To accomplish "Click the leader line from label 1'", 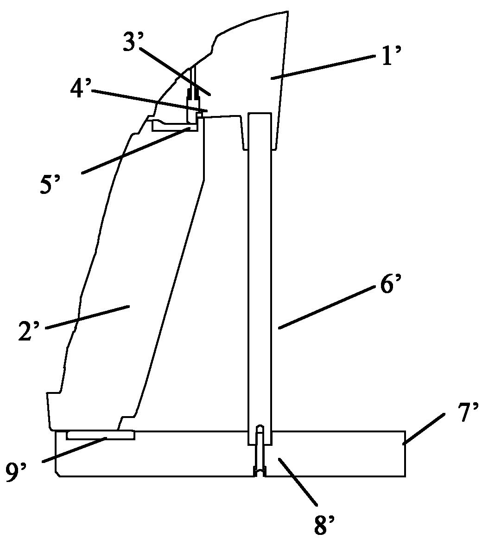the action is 323,68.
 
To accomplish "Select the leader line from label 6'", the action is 325,307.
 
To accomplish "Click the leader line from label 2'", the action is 88,317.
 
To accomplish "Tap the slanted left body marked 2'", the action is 131,276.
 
